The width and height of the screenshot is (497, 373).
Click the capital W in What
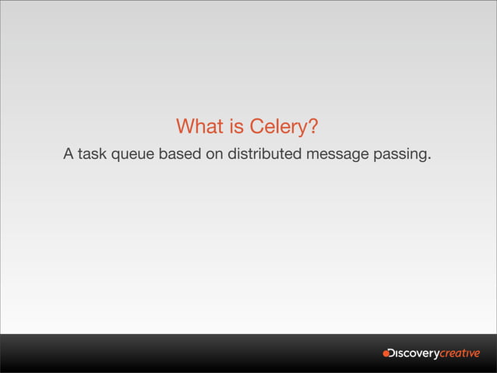point(185,126)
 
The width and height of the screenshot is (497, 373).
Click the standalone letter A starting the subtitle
point(69,154)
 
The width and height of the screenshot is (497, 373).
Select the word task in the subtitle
point(93,154)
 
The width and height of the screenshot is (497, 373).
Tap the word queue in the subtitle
point(134,155)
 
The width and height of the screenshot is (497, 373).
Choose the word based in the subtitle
point(180,154)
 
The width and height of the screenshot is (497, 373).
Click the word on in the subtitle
point(214,154)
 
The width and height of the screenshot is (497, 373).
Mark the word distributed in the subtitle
point(264,154)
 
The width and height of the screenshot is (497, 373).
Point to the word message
point(337,155)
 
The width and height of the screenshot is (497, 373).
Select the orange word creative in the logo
point(460,354)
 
